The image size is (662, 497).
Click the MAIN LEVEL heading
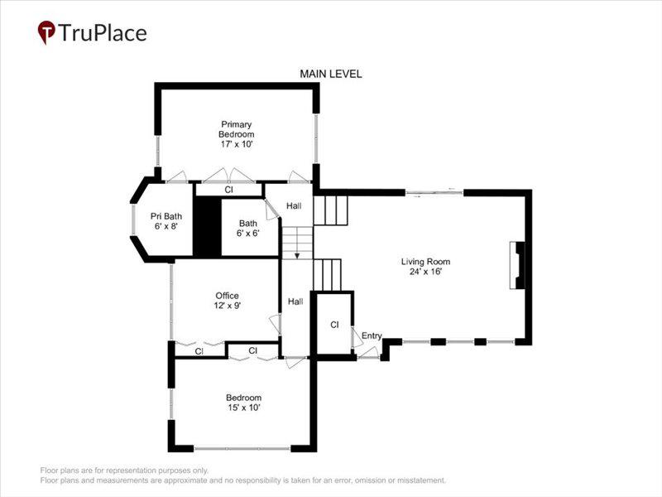[331, 75]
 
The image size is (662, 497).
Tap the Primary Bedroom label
[236, 129]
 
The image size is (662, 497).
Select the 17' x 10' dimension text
[236, 144]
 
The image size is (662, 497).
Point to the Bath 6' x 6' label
[248, 228]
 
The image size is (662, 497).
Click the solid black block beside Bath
[207, 226]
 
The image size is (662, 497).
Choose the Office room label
[227, 296]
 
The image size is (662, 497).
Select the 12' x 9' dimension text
[227, 306]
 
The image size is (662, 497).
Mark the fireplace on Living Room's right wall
[519, 265]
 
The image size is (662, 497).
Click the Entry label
[372, 335]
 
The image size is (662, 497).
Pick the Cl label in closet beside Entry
[333, 324]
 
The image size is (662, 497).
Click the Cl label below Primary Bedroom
[228, 190]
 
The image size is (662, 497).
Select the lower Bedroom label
[244, 398]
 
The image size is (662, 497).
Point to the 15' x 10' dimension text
[244, 408]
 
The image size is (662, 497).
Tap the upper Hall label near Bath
[294, 206]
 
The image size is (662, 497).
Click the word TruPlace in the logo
[103, 33]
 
